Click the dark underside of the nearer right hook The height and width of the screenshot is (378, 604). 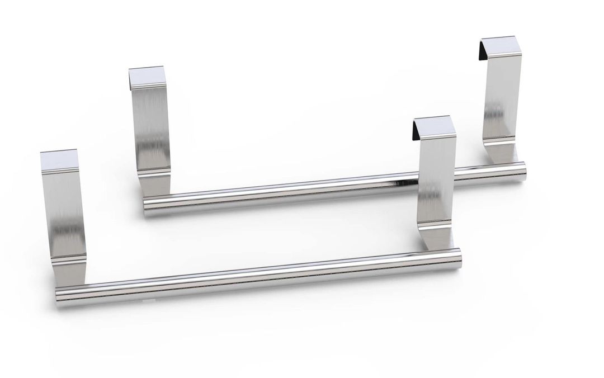(416, 132)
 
